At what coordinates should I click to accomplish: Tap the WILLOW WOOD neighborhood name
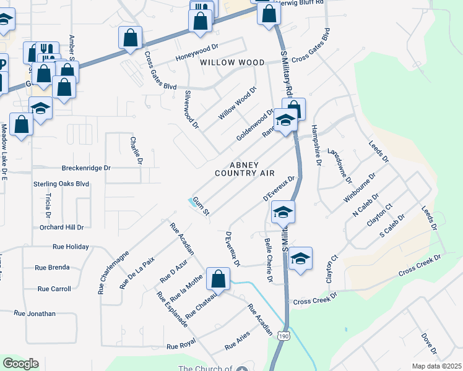(232, 62)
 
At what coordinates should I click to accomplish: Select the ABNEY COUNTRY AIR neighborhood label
(244, 169)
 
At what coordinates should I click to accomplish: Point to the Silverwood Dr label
(191, 109)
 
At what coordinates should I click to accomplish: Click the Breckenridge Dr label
(85, 168)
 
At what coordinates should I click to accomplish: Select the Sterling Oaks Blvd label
(61, 184)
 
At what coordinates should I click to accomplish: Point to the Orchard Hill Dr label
(61, 227)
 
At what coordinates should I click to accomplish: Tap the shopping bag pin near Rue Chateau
(218, 278)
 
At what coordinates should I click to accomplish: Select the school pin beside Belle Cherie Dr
(300, 258)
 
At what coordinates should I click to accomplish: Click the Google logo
(20, 364)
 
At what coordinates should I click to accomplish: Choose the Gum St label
(202, 206)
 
